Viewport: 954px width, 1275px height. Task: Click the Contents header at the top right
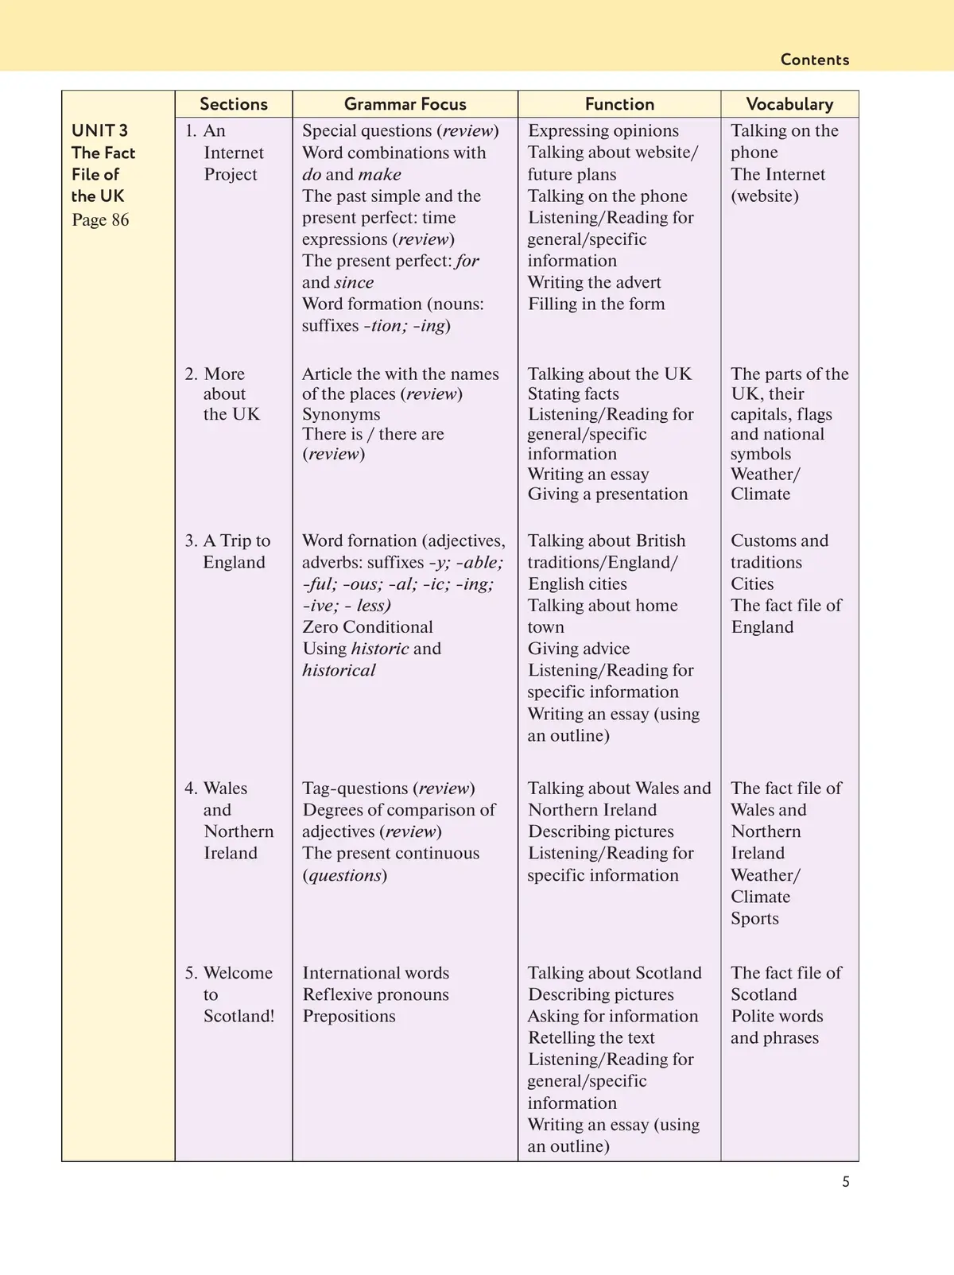(814, 60)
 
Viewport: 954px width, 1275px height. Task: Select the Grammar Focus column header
(405, 104)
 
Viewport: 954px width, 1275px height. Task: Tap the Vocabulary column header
(789, 104)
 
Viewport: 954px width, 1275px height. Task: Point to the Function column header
(619, 104)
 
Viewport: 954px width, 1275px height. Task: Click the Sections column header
(234, 104)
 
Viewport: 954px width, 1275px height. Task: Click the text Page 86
(100, 220)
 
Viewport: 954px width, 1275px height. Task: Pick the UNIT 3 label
(99, 130)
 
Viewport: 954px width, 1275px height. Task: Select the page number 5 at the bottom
(846, 1182)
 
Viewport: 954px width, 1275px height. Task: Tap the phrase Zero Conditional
(367, 627)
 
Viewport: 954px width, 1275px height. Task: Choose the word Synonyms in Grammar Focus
(341, 414)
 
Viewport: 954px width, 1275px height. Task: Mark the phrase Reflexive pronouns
(375, 994)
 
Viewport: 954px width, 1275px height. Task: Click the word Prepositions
(349, 1016)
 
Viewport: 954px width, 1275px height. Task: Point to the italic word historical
(339, 670)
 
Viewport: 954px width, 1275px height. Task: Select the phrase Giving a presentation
(607, 494)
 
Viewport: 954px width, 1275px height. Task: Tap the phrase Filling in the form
(596, 304)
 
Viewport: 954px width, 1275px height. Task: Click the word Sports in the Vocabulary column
(754, 918)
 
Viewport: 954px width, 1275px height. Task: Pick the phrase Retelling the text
(591, 1037)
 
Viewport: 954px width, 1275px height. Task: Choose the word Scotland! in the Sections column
(238, 1016)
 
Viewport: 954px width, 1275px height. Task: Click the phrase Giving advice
(579, 649)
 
